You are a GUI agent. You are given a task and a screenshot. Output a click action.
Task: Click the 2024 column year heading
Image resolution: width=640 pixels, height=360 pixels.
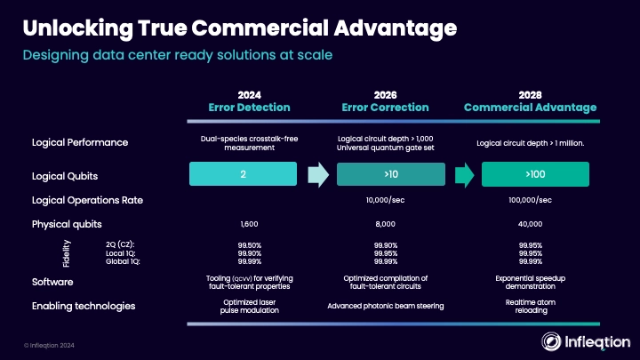[250, 95]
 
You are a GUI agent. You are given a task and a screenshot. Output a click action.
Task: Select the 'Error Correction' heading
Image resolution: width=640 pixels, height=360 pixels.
[385, 108]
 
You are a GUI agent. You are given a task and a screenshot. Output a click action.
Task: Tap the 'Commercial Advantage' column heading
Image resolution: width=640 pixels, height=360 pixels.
[530, 108]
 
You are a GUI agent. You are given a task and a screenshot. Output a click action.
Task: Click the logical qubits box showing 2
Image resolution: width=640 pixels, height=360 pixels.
[243, 174]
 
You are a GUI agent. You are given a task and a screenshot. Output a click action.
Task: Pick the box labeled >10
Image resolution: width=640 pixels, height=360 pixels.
[391, 174]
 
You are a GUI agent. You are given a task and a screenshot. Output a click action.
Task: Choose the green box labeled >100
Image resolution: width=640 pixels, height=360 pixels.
[535, 174]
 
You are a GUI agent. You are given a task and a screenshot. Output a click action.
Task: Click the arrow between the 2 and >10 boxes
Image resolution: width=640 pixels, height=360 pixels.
[318, 175]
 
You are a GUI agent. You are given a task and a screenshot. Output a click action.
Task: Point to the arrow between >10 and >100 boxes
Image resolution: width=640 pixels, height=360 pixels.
[465, 175]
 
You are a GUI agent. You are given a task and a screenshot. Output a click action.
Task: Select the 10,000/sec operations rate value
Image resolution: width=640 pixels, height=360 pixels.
[385, 200]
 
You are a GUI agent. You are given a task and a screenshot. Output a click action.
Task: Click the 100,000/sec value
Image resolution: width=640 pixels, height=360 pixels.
[530, 200]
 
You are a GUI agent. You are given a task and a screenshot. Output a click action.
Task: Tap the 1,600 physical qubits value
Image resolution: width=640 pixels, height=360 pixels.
[250, 224]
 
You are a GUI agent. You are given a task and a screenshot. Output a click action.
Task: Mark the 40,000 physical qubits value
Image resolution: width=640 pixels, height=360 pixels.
[530, 224]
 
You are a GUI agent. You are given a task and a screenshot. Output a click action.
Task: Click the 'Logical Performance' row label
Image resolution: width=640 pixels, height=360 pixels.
[80, 142]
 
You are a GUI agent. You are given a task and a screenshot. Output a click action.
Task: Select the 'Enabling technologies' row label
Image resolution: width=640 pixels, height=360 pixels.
[84, 306]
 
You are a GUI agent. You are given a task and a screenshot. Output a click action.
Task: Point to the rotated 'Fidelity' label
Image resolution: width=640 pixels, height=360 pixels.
[67, 253]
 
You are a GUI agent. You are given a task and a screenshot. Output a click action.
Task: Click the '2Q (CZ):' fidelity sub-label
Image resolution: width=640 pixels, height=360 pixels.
[120, 244]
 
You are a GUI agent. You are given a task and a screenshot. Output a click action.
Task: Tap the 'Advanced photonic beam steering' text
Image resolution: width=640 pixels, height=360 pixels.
[385, 306]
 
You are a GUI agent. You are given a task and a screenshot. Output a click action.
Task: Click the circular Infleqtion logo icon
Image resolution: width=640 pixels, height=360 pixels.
[551, 341]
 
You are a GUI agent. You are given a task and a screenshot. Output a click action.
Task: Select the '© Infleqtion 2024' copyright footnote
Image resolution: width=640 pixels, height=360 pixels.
[49, 345]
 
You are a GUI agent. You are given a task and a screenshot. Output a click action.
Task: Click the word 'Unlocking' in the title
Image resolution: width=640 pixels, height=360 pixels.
[78, 28]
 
